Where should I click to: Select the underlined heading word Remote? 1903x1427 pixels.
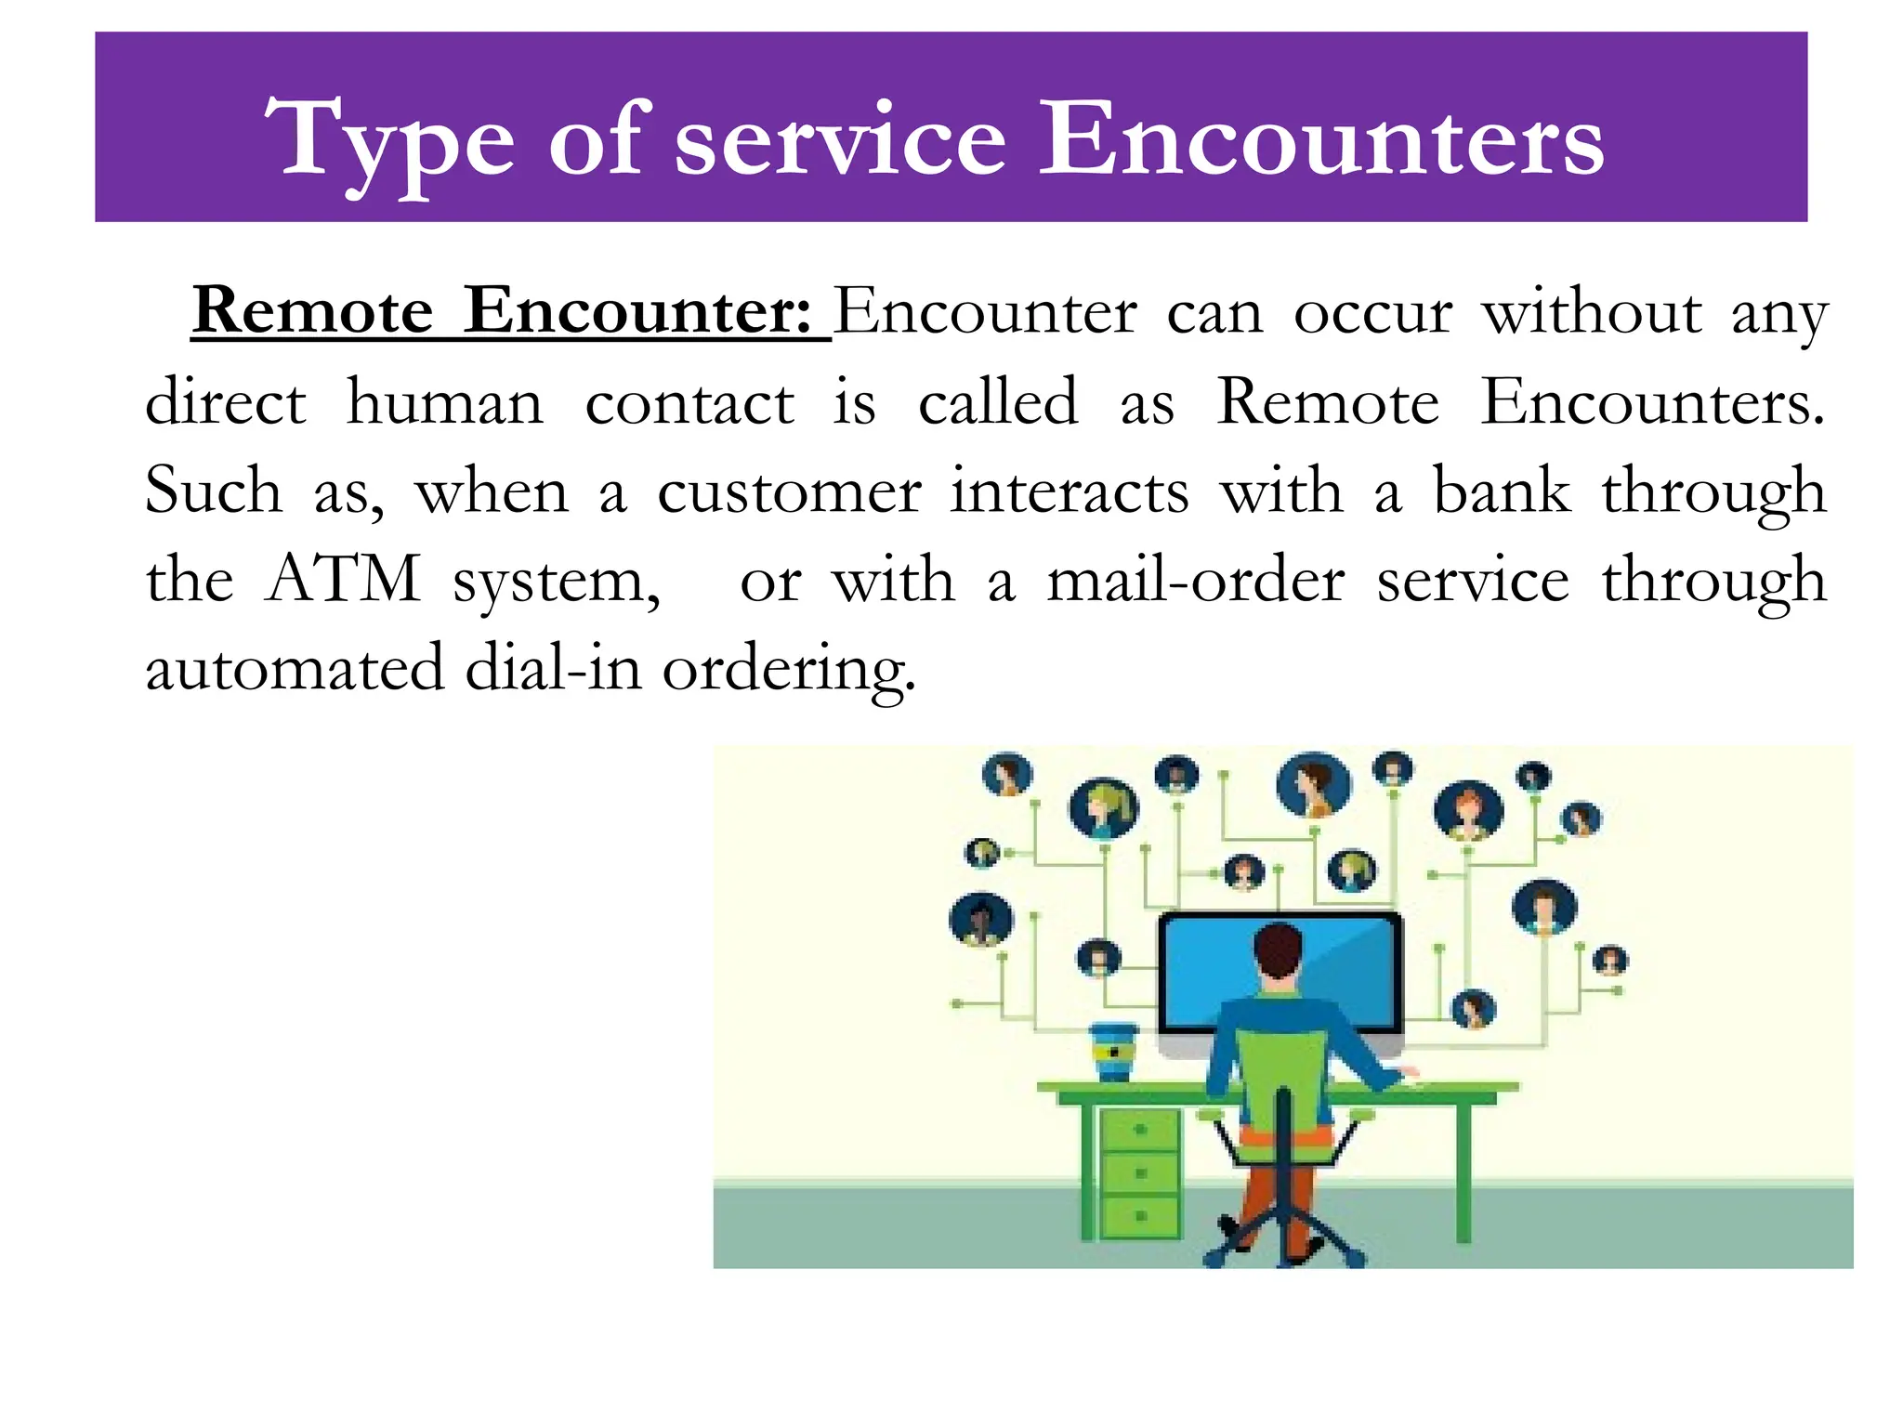pos(313,310)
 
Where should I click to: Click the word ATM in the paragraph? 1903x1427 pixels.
pos(343,579)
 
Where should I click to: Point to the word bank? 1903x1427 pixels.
pos(1501,491)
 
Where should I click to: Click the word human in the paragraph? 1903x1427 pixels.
pos(444,402)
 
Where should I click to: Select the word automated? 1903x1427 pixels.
pos(295,668)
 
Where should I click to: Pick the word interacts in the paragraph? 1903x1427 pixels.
pos(1069,491)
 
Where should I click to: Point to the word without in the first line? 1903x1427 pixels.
pos(1591,311)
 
